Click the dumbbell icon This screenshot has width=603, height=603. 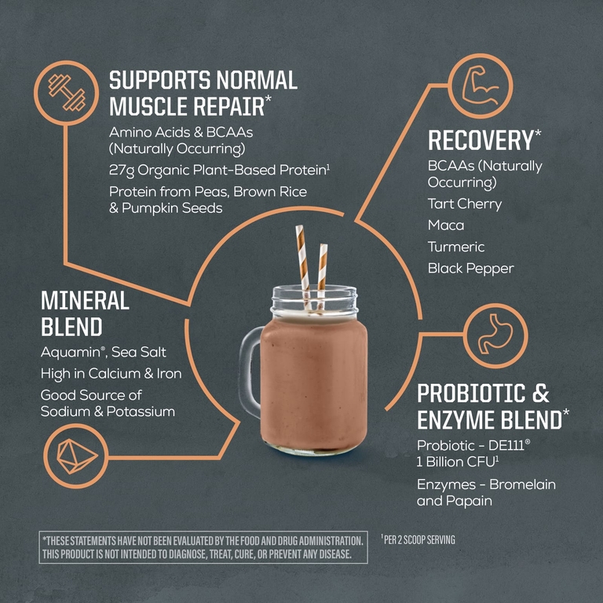coord(67,93)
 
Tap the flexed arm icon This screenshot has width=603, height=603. coord(481,86)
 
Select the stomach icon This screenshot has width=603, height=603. coord(495,334)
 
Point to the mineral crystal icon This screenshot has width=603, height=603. coord(77,455)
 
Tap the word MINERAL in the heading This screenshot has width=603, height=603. coord(85,301)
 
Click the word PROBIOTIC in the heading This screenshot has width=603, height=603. coord(471,393)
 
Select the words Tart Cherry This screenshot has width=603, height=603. coord(465,204)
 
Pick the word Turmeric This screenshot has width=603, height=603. coord(456,247)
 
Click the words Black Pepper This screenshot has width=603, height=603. coord(471,269)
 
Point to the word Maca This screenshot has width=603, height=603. coord(446,225)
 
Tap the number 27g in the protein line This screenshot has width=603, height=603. coord(122,170)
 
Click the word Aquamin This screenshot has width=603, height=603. coord(71,353)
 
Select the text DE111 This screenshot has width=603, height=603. coord(506,445)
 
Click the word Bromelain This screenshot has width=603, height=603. coord(522,484)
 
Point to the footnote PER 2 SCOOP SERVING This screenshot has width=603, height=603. coord(418,540)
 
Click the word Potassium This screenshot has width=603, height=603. coord(141,412)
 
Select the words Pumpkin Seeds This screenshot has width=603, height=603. coord(172,208)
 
